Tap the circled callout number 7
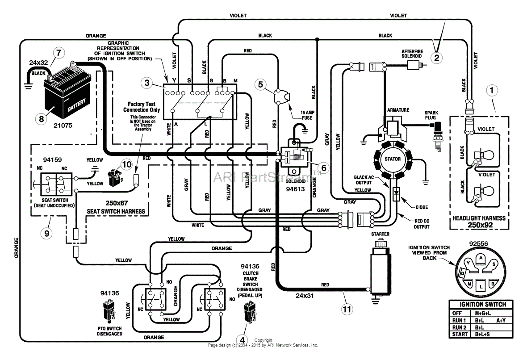[59, 53]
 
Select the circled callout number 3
[147, 83]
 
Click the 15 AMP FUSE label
[307, 115]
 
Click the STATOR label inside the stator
[393, 159]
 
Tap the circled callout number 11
[347, 309]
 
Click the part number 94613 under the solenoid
[295, 189]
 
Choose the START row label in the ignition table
[460, 334]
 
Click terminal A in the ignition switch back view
[481, 258]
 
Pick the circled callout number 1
[492, 90]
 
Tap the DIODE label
[422, 207]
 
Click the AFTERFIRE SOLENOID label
[412, 54]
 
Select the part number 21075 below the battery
[63, 126]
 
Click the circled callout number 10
[127, 164]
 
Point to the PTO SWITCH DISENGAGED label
[109, 331]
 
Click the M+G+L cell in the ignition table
[483, 313]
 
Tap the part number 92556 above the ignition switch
[479, 244]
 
